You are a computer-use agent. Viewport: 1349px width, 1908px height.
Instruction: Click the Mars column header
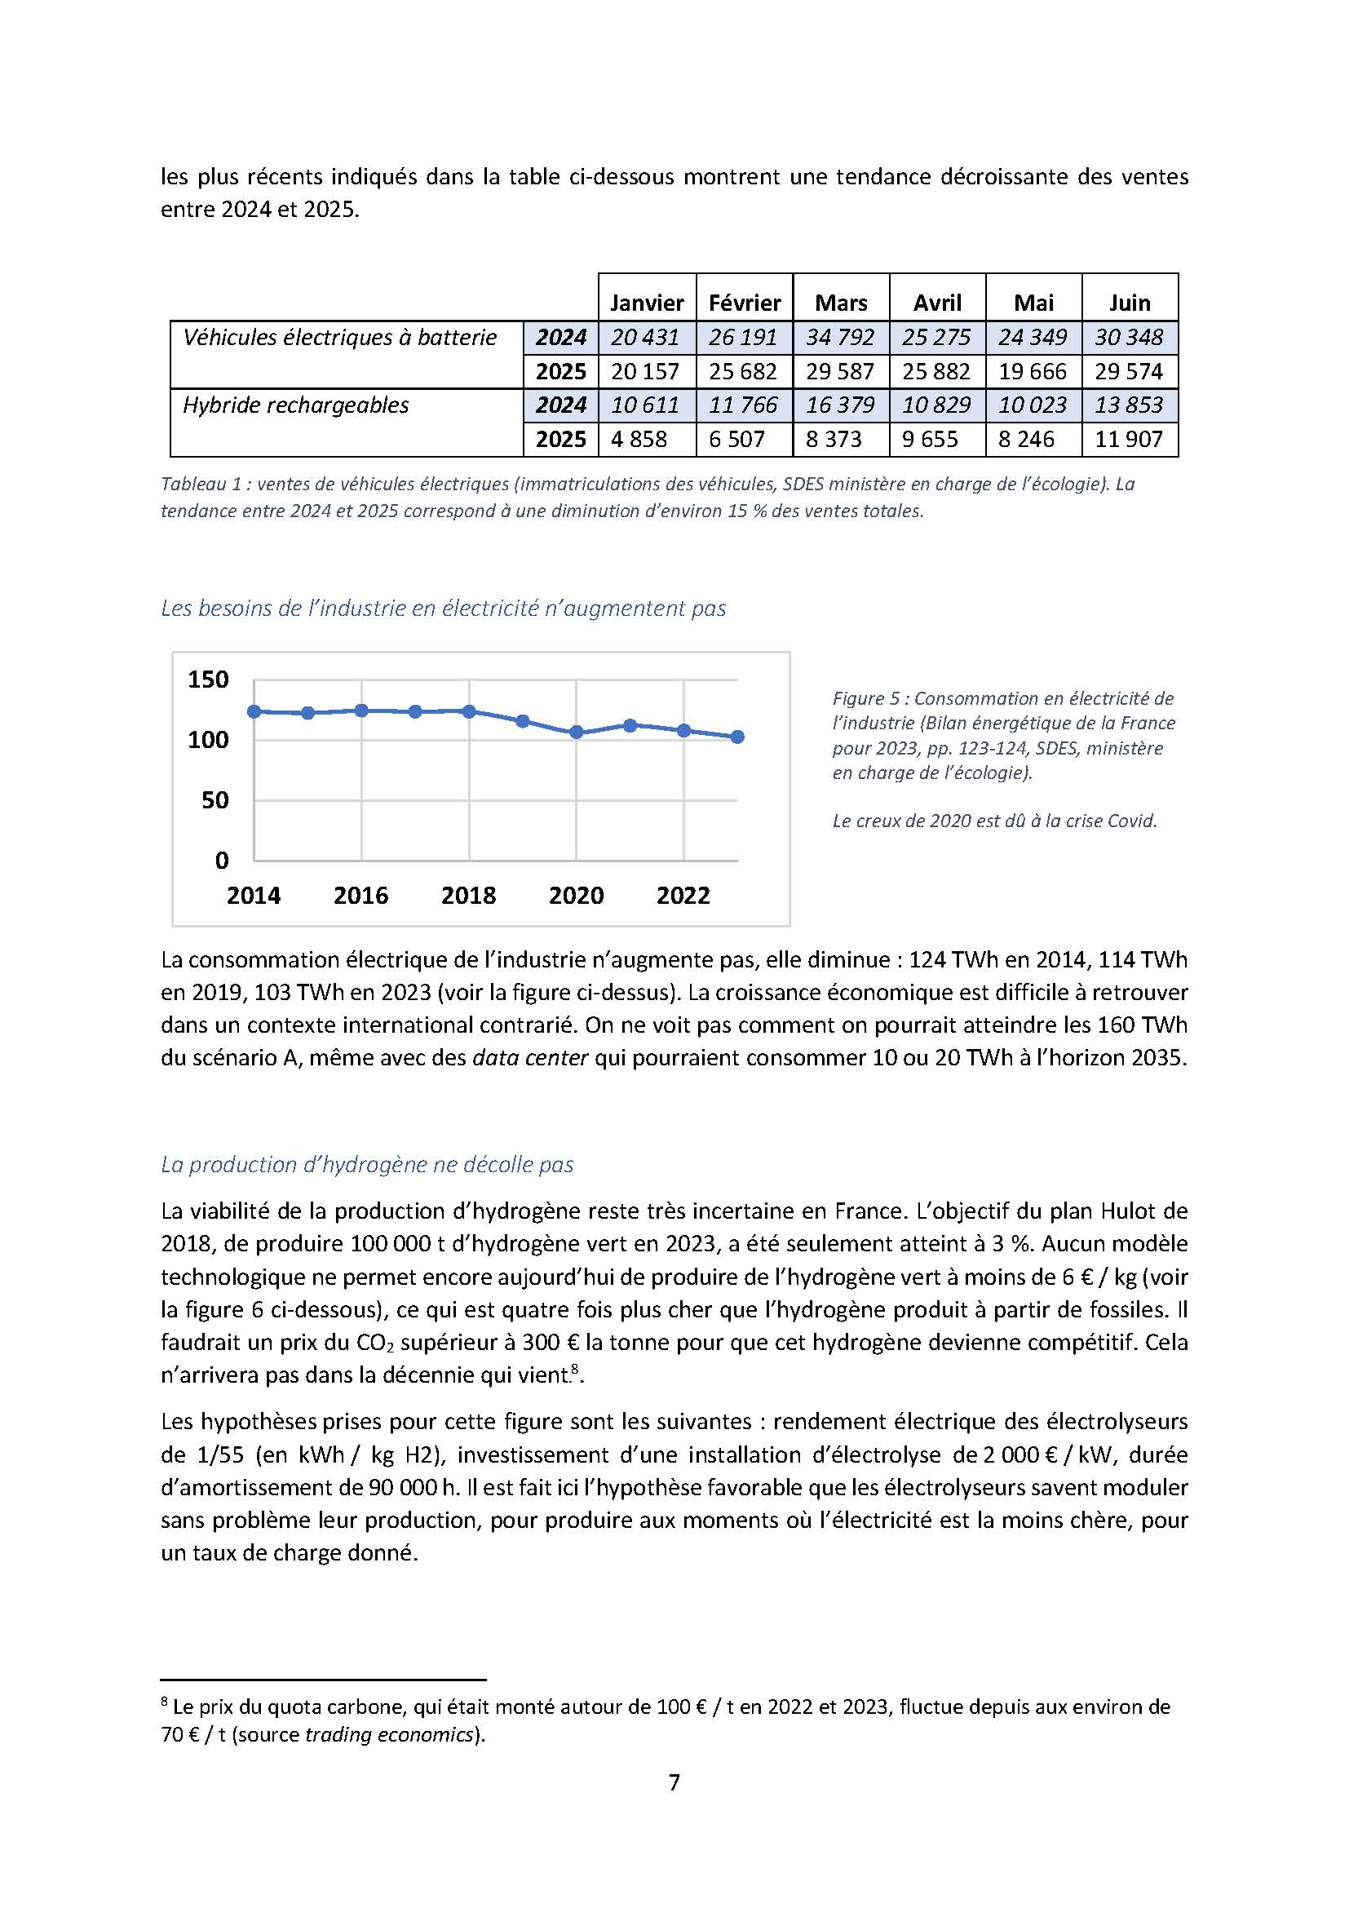point(841,303)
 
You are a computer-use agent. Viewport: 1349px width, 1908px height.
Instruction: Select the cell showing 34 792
point(840,338)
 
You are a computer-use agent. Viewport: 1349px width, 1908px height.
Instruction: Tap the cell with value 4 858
point(639,439)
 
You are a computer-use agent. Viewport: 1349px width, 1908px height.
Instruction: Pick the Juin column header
point(1130,303)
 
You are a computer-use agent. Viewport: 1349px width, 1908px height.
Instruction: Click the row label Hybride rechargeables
point(296,405)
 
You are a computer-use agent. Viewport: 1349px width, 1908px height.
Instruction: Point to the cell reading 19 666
point(1033,371)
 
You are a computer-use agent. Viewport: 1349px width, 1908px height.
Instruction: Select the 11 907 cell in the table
point(1129,439)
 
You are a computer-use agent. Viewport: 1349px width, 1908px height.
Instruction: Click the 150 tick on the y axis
point(208,680)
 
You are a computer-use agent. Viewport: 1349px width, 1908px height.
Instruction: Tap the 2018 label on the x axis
point(468,895)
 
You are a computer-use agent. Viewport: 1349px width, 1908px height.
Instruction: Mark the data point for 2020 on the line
point(577,732)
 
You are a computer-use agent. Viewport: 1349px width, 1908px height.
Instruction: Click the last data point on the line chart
point(737,737)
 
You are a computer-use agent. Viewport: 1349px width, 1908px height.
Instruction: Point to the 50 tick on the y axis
point(215,800)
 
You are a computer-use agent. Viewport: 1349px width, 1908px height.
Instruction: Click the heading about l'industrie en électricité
point(444,609)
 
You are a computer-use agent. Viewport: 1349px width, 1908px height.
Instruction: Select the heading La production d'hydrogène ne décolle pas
point(367,1164)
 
